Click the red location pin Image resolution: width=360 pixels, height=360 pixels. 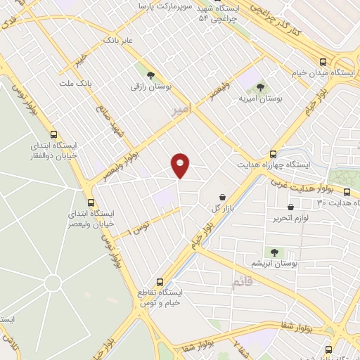pyautogui.click(x=181, y=165)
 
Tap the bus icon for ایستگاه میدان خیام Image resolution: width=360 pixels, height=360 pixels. pyautogui.click(x=322, y=62)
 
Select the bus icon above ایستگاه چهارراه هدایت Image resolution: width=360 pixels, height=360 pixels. pyautogui.click(x=273, y=153)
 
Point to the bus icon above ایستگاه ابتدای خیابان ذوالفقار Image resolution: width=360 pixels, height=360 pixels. pyautogui.click(x=54, y=134)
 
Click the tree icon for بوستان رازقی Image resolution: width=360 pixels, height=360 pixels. pyautogui.click(x=149, y=75)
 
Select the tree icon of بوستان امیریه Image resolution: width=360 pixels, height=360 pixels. pyautogui.click(x=260, y=88)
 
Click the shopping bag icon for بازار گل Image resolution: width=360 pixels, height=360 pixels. pyautogui.click(x=223, y=198)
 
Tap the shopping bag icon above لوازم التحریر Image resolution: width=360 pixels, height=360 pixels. pyautogui.click(x=291, y=207)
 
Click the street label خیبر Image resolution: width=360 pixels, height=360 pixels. pyautogui.click(x=83, y=58)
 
